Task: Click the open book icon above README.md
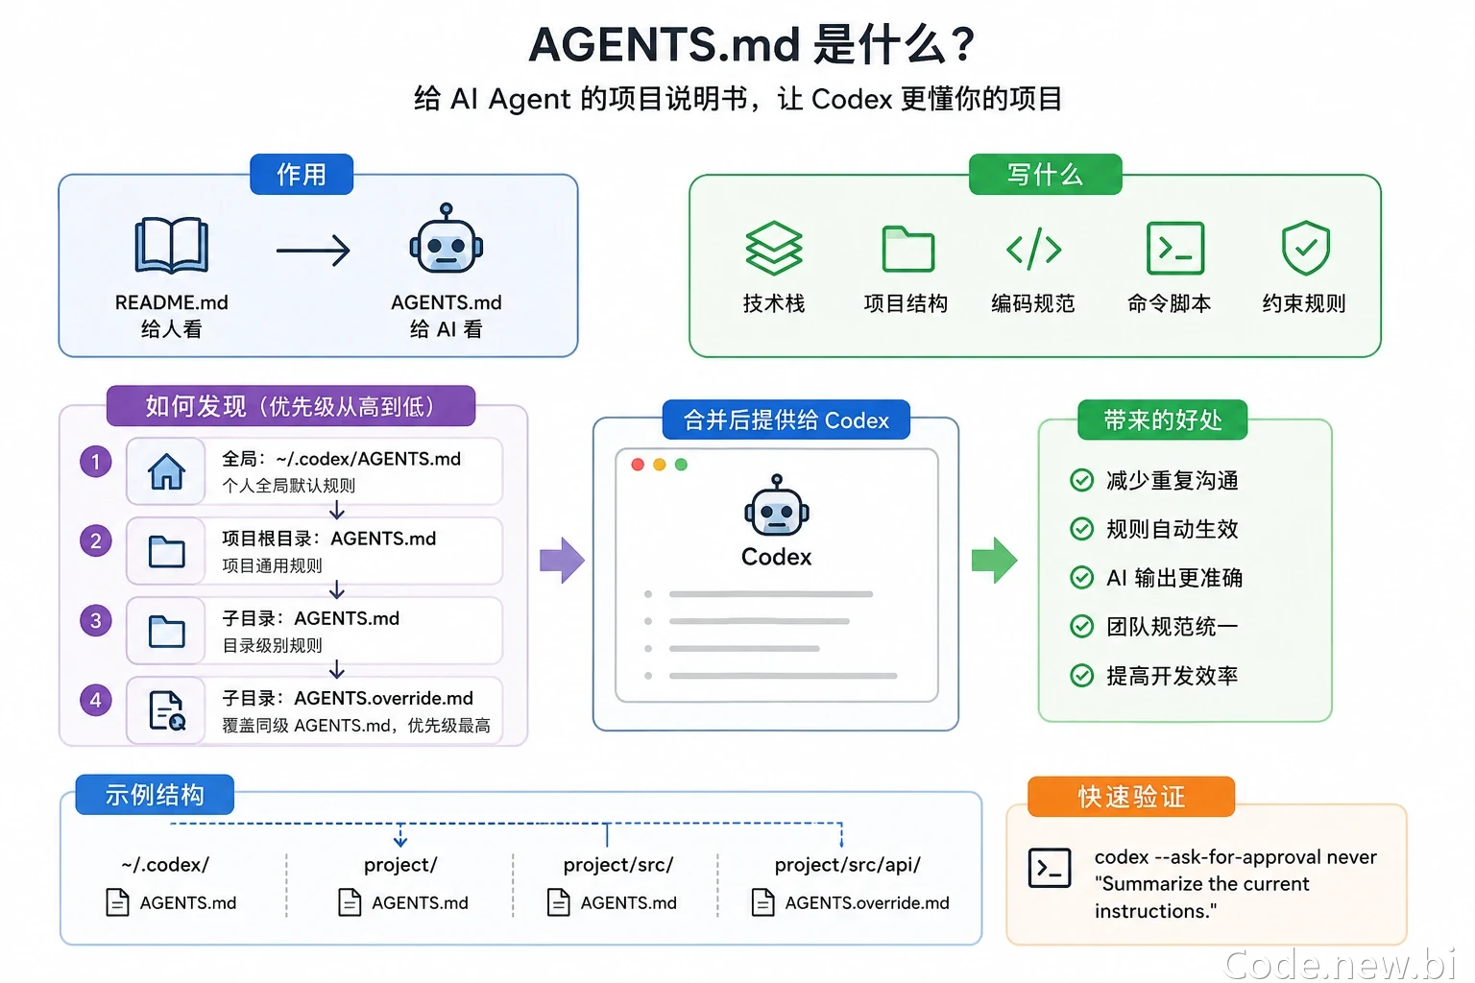(171, 245)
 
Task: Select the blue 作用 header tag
(302, 174)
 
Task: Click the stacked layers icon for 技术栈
(774, 248)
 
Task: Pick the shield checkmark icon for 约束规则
(1306, 248)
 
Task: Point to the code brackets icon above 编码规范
(1034, 249)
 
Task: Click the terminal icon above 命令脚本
(1175, 248)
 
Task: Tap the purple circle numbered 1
(95, 462)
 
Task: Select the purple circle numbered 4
(95, 700)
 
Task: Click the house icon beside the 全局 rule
(166, 471)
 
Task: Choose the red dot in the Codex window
(638, 465)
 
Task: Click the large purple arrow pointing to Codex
(562, 561)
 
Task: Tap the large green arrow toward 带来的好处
(994, 561)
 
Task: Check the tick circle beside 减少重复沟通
(1081, 480)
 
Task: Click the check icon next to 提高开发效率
(1081, 675)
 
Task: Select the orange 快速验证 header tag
(1131, 797)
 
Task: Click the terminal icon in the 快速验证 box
(1050, 868)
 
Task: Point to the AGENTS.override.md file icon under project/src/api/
(762, 902)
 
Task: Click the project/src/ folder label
(618, 865)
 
